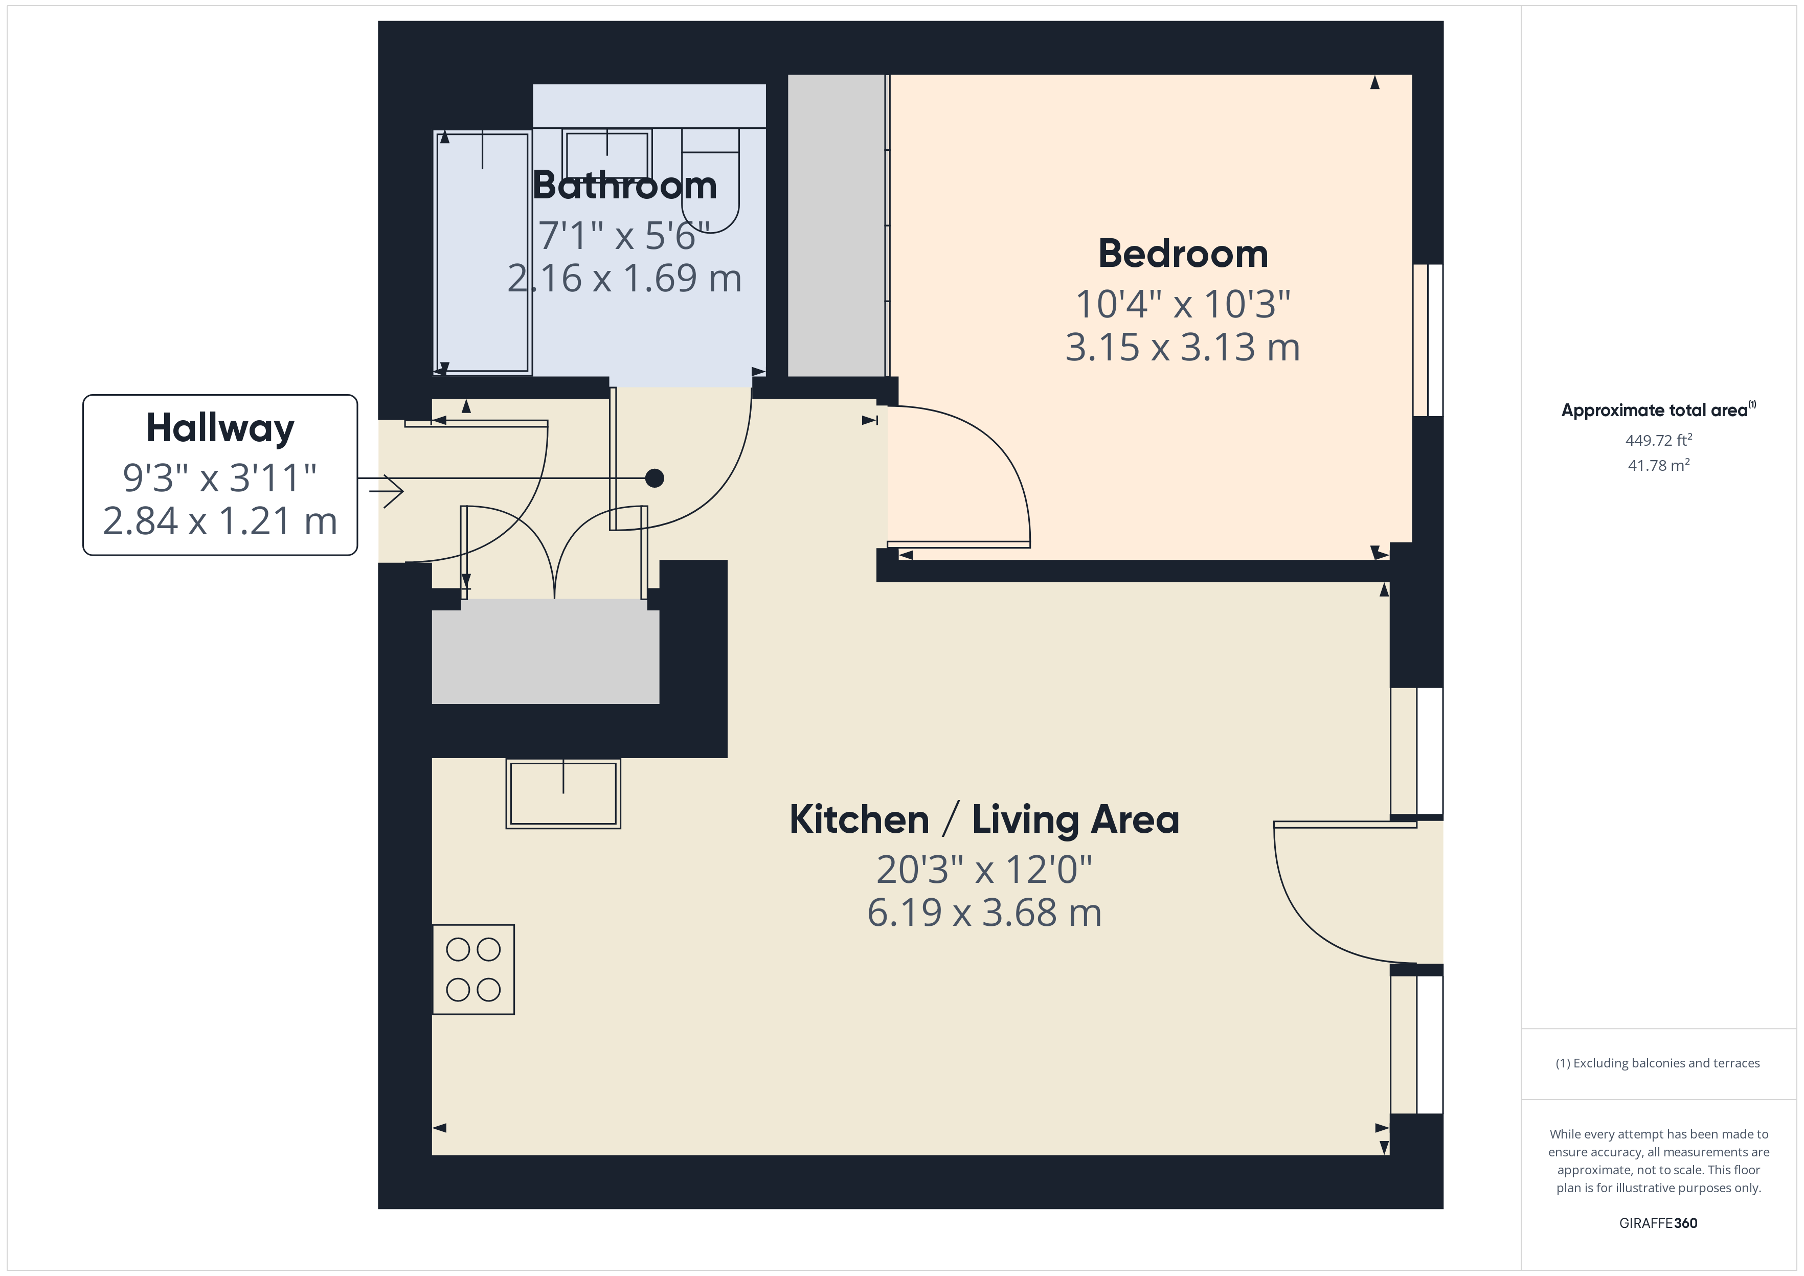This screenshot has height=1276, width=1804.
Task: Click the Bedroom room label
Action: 1183,254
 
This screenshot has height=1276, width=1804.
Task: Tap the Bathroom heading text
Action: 625,186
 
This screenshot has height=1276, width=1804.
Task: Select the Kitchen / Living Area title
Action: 984,819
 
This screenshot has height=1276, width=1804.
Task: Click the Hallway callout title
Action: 220,428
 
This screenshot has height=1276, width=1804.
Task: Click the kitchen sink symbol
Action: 562,793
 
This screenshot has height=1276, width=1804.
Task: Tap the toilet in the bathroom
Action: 710,185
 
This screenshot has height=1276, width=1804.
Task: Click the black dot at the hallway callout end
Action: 655,477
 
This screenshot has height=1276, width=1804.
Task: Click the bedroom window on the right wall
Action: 1428,340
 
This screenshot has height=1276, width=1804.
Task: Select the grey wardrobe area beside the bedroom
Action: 836,225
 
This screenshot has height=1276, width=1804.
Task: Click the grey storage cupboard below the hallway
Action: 545,651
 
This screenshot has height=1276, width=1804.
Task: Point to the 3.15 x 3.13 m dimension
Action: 1183,347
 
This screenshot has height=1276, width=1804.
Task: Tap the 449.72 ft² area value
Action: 1658,440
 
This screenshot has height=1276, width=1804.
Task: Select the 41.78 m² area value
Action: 1658,465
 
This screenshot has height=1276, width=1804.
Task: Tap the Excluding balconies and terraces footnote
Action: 1657,1063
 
